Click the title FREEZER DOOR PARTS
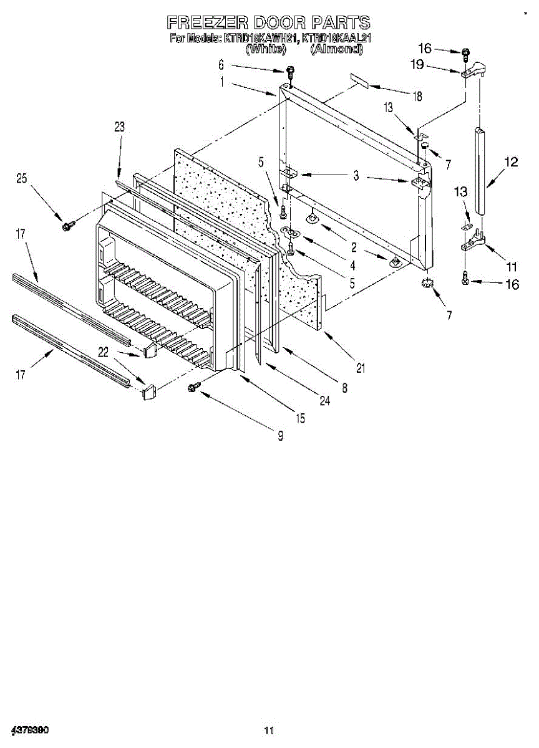(268, 23)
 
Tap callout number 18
(417, 97)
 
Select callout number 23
(119, 127)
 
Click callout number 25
(22, 179)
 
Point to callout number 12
(511, 163)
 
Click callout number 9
(280, 436)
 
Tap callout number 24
(324, 401)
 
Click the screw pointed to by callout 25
(66, 225)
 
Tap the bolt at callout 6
(290, 72)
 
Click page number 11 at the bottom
(269, 730)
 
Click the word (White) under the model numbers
(266, 49)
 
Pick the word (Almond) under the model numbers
(336, 49)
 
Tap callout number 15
(301, 419)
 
